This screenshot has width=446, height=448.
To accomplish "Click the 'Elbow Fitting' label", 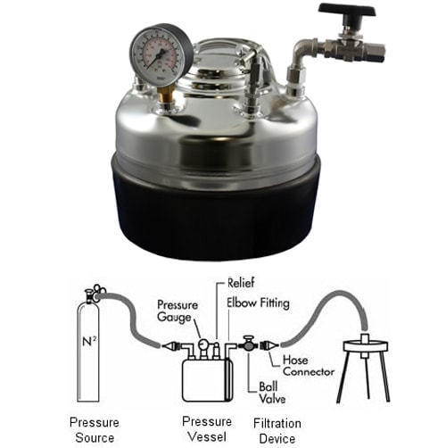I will (258, 303).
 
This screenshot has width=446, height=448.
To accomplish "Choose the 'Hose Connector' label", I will (308, 365).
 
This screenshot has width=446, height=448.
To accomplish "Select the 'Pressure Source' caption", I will (94, 430).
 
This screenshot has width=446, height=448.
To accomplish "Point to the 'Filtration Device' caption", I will (277, 430).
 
